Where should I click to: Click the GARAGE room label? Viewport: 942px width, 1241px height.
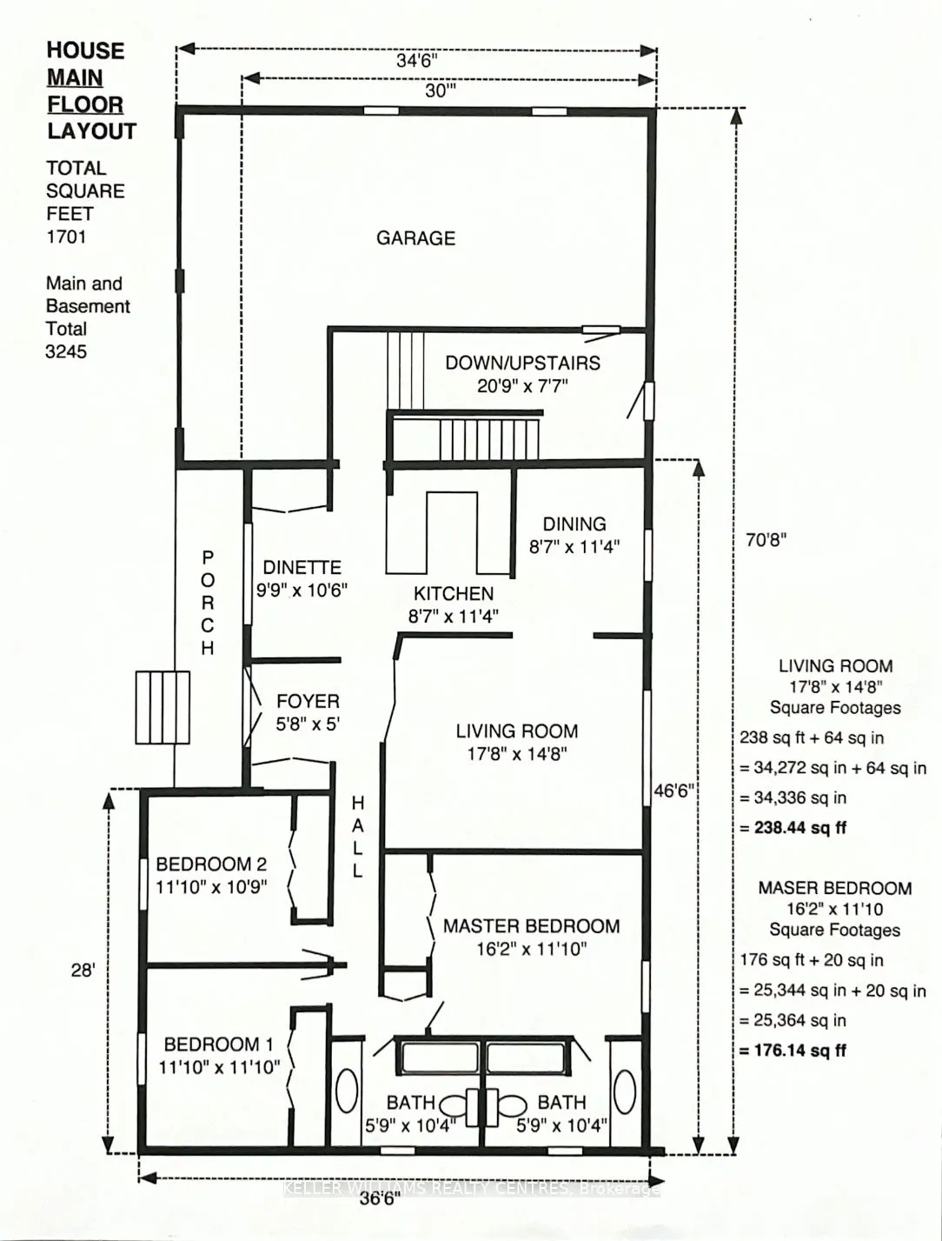pyautogui.click(x=415, y=237)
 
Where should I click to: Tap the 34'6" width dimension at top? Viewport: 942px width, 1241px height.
pyautogui.click(x=416, y=60)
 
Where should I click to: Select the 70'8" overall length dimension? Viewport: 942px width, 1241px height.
pyautogui.click(x=765, y=539)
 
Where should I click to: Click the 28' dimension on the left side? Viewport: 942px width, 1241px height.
pyautogui.click(x=83, y=970)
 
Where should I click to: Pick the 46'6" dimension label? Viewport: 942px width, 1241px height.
pyautogui.click(x=673, y=791)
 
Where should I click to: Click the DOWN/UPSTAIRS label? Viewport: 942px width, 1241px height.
pyautogui.click(x=522, y=363)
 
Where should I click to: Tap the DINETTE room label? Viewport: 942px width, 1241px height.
pyautogui.click(x=302, y=567)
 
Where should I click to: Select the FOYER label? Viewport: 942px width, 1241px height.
pyautogui.click(x=308, y=701)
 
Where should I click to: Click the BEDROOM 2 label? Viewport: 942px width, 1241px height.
pyautogui.click(x=211, y=864)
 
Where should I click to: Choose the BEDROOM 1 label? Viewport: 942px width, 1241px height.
pyautogui.click(x=218, y=1044)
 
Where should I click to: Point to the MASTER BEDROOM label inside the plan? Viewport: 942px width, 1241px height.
pyautogui.click(x=531, y=926)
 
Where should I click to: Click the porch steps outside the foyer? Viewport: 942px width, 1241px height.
pyautogui.click(x=163, y=707)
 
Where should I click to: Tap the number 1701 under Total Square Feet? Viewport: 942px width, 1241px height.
pyautogui.click(x=66, y=237)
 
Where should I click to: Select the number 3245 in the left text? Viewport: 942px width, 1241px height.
pyautogui.click(x=66, y=351)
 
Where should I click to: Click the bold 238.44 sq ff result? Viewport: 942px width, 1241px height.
pyautogui.click(x=792, y=827)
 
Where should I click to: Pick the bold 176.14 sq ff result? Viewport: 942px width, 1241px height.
pyautogui.click(x=792, y=1050)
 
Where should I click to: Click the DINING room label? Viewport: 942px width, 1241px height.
pyautogui.click(x=574, y=524)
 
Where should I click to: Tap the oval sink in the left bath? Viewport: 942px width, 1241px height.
pyautogui.click(x=347, y=1091)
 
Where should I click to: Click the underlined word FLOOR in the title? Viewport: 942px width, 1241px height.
pyautogui.click(x=85, y=104)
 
